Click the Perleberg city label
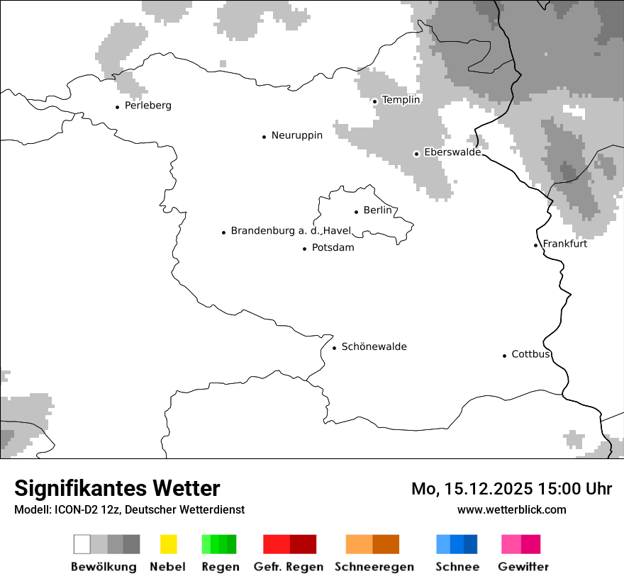(147, 106)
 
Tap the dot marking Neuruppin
(264, 137)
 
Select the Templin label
(401, 100)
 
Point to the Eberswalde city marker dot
(416, 154)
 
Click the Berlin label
(377, 210)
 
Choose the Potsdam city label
(333, 248)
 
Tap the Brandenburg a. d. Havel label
(291, 231)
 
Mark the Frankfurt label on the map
(564, 244)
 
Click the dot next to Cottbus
(504, 356)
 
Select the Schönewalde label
(374, 346)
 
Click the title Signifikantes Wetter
(117, 489)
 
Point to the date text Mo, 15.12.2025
(472, 489)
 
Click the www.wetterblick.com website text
(511, 509)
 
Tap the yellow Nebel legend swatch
(168, 544)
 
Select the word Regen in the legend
(219, 567)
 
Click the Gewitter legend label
(523, 567)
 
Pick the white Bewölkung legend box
(82, 544)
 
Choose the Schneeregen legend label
(374, 567)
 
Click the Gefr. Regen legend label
(288, 567)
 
